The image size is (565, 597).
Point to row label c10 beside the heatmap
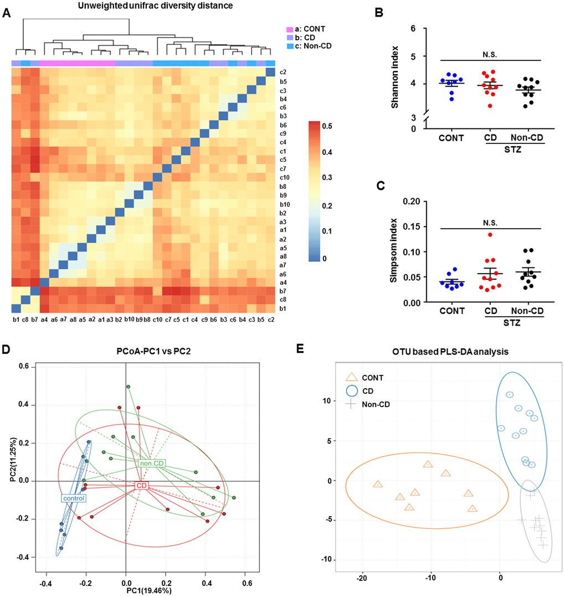pos(283,177)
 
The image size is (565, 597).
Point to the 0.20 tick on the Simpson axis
pos(409,201)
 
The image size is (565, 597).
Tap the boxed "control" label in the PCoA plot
pos(73,498)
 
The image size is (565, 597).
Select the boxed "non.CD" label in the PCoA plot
pos(152,463)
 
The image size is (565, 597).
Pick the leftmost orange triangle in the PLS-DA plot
pos(378,484)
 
